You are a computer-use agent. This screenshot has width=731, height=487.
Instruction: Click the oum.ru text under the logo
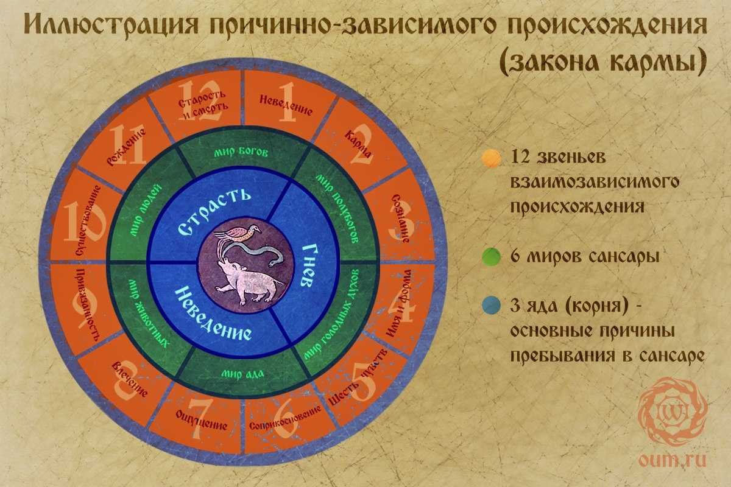673,460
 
